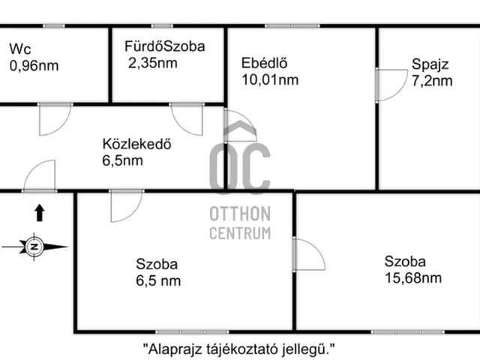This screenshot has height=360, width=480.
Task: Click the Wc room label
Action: pos(20,49)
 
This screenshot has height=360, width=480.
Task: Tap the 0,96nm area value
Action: pos(34,66)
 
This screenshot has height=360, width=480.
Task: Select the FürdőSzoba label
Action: pos(165,46)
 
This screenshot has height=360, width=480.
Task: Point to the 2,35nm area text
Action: pos(153,63)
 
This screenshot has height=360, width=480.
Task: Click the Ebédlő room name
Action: pos(265,63)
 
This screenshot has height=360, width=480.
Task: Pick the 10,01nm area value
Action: pos(270,80)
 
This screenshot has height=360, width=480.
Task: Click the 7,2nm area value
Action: pos(432,81)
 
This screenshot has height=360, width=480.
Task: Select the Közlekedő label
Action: pos(136,144)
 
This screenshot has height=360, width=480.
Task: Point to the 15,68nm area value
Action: pos(413,278)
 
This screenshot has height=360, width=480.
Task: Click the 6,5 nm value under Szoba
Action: pos(158,280)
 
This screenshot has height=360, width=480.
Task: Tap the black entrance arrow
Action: pos(40,213)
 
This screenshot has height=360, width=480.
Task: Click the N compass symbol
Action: pos(34,247)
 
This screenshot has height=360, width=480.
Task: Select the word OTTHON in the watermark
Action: pos(240,214)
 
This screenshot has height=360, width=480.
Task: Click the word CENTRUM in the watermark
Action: pos(240,233)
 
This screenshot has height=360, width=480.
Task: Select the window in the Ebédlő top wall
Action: pos(292,26)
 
